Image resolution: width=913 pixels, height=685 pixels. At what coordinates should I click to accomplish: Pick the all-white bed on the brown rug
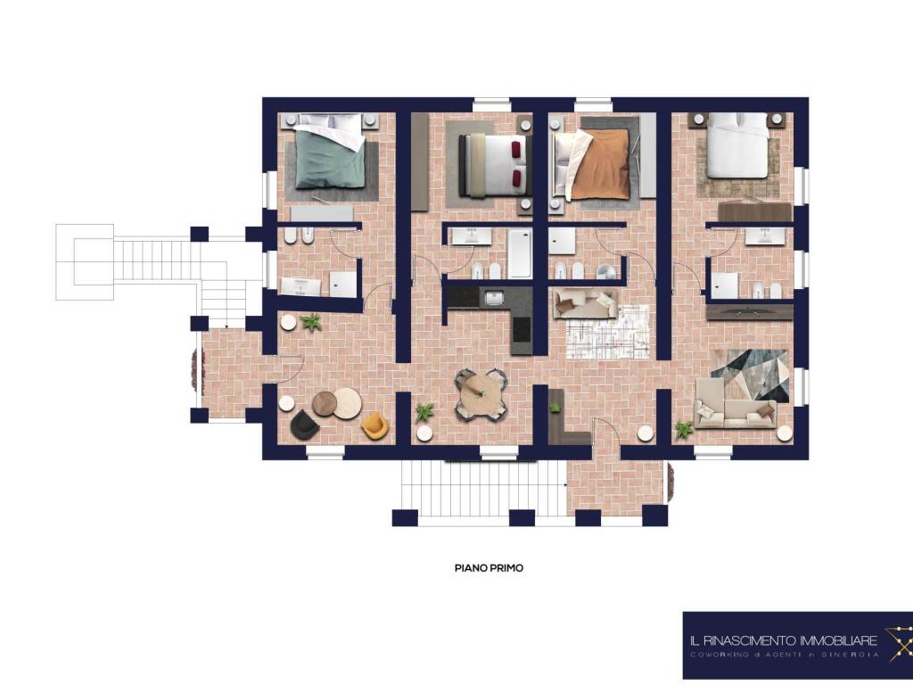737,145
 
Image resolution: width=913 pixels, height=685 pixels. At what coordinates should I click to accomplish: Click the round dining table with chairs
481,393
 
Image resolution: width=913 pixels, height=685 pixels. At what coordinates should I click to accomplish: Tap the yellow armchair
374,425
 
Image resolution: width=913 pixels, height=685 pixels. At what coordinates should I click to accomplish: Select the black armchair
304,425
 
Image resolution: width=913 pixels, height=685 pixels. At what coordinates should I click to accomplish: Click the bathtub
520,253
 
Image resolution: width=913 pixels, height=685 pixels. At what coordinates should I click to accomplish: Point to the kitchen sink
494,298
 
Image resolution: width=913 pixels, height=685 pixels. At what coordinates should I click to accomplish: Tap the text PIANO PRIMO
489,568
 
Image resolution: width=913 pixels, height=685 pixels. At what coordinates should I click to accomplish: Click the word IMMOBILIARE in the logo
839,641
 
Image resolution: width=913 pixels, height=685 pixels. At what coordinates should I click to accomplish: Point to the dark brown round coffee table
325,404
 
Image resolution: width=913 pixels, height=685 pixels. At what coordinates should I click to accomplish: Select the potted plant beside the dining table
424,412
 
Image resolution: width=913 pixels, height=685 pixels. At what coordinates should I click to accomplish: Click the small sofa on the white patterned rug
585,303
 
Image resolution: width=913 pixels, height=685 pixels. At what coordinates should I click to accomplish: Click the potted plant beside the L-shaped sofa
684,430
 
